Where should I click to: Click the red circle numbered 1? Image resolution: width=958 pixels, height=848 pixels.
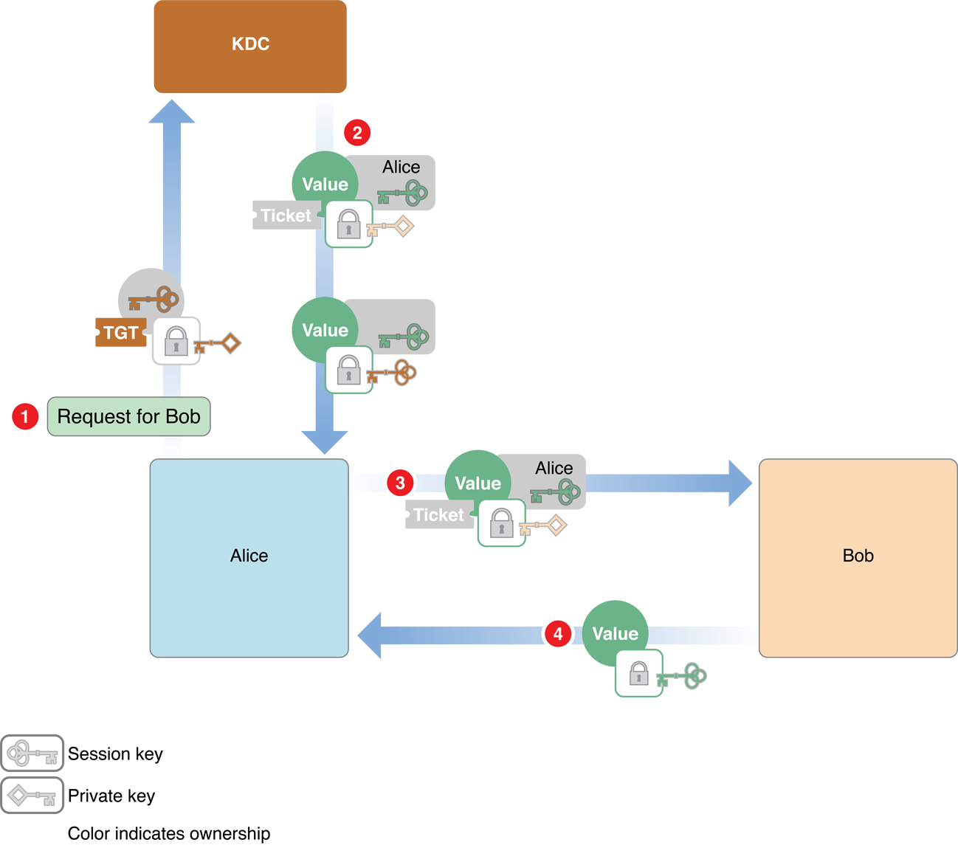[25, 416]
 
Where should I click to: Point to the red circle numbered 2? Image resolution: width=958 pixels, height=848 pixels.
[357, 133]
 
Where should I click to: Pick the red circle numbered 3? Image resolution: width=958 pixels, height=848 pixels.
[400, 483]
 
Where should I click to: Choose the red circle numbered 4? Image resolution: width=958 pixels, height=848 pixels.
[558, 634]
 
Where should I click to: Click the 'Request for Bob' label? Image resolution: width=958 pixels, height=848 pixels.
[129, 417]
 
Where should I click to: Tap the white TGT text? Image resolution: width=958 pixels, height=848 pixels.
[121, 333]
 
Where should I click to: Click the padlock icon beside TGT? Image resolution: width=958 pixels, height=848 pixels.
[176, 341]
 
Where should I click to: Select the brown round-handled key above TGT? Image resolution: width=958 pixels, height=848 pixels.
[154, 300]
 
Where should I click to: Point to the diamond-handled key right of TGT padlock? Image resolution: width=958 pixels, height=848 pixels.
[217, 344]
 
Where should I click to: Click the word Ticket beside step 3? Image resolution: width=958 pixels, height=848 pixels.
[438, 515]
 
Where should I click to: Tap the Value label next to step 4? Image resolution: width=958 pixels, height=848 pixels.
[615, 634]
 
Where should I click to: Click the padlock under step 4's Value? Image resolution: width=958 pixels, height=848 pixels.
[638, 673]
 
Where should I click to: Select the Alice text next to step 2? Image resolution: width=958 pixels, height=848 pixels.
[401, 168]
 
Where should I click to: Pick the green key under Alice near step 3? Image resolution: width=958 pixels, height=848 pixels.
[555, 492]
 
